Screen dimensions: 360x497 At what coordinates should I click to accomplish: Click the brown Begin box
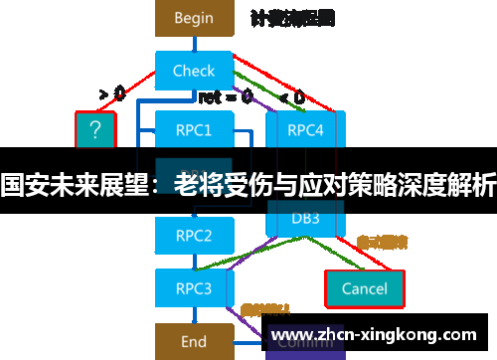pos(193,18)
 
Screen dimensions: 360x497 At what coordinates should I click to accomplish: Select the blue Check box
pos(193,71)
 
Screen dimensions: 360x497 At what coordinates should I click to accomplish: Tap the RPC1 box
pos(193,129)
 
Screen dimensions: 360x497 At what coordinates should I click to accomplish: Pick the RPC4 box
pos(304,129)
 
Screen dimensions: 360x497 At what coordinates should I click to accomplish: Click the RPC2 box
pos(193,236)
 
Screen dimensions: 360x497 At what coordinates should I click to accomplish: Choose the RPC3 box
pos(193,288)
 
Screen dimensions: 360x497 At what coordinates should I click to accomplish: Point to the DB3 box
pos(304,218)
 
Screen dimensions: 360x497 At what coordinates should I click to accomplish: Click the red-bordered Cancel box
pos(364,288)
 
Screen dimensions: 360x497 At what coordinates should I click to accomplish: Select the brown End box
pos(193,341)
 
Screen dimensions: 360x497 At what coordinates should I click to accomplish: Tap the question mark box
pos(95,129)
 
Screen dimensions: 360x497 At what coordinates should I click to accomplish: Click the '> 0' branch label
pos(111,94)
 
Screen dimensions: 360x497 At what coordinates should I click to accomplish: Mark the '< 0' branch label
pos(292,96)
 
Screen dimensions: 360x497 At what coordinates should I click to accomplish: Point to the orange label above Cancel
pos(383,242)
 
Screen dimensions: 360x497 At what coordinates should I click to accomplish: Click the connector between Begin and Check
pos(193,45)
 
